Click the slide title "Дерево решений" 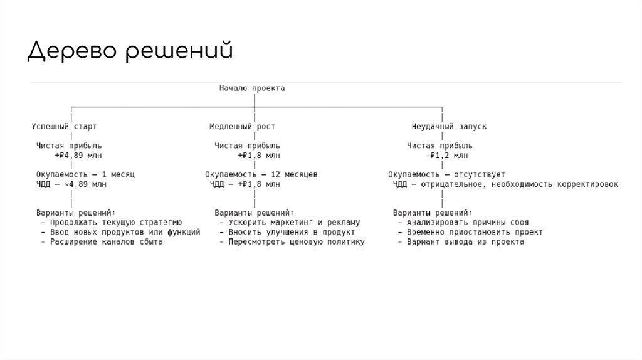pos(130,51)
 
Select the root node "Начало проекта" pos(252,88)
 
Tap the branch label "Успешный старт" pos(65,126)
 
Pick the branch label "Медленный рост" pos(242,126)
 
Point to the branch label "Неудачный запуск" pos(449,126)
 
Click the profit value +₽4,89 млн pos(79,155)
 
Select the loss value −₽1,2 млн pos(446,155)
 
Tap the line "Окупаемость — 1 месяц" pos(86,174)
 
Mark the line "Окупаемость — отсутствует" pos(446,174)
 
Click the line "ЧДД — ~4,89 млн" pos(71,184)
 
